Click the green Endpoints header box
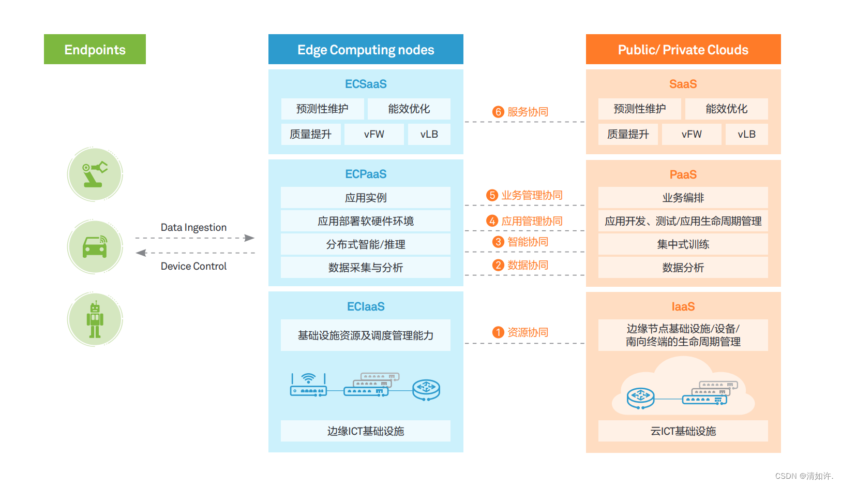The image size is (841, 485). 95,49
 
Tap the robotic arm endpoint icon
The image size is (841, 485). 95,174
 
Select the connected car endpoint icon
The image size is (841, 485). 95,247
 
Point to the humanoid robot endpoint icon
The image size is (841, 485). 95,319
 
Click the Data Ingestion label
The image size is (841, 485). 193,227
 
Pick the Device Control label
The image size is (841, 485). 193,266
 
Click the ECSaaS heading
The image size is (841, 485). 366,84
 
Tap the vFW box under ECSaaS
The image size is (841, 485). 374,134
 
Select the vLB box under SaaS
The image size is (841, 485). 746,134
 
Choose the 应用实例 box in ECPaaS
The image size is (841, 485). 366,198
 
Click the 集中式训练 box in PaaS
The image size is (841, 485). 683,244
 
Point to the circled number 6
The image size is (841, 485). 498,112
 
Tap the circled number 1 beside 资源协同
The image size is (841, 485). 498,332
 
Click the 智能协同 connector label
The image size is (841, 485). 528,242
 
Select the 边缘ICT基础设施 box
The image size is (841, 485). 366,431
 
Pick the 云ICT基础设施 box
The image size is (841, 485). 683,431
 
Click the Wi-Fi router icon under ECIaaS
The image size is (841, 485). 309,386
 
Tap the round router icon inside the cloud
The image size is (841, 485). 641,398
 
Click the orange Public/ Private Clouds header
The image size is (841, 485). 683,49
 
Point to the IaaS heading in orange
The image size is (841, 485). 683,306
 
